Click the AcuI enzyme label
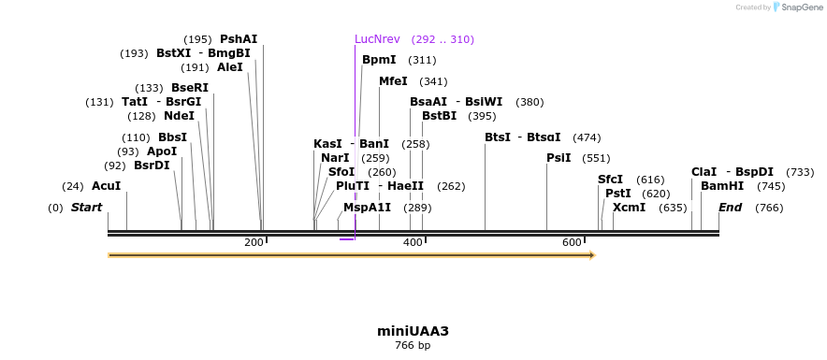click(107, 186)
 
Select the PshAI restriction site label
click(239, 39)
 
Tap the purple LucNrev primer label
click(377, 39)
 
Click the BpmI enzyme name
click(379, 60)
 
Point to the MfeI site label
click(393, 81)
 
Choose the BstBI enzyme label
click(439, 116)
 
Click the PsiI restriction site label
click(559, 158)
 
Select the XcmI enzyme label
click(629, 208)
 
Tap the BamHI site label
click(722, 186)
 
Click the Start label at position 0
click(86, 208)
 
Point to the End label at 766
click(731, 208)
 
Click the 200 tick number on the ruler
click(254, 243)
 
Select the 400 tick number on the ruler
click(413, 243)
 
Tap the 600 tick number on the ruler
click(572, 243)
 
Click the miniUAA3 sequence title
click(413, 331)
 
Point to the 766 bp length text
click(413, 346)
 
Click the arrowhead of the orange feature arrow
click(591, 254)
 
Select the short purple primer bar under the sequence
click(346, 239)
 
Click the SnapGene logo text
click(801, 7)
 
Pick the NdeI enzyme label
click(179, 116)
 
